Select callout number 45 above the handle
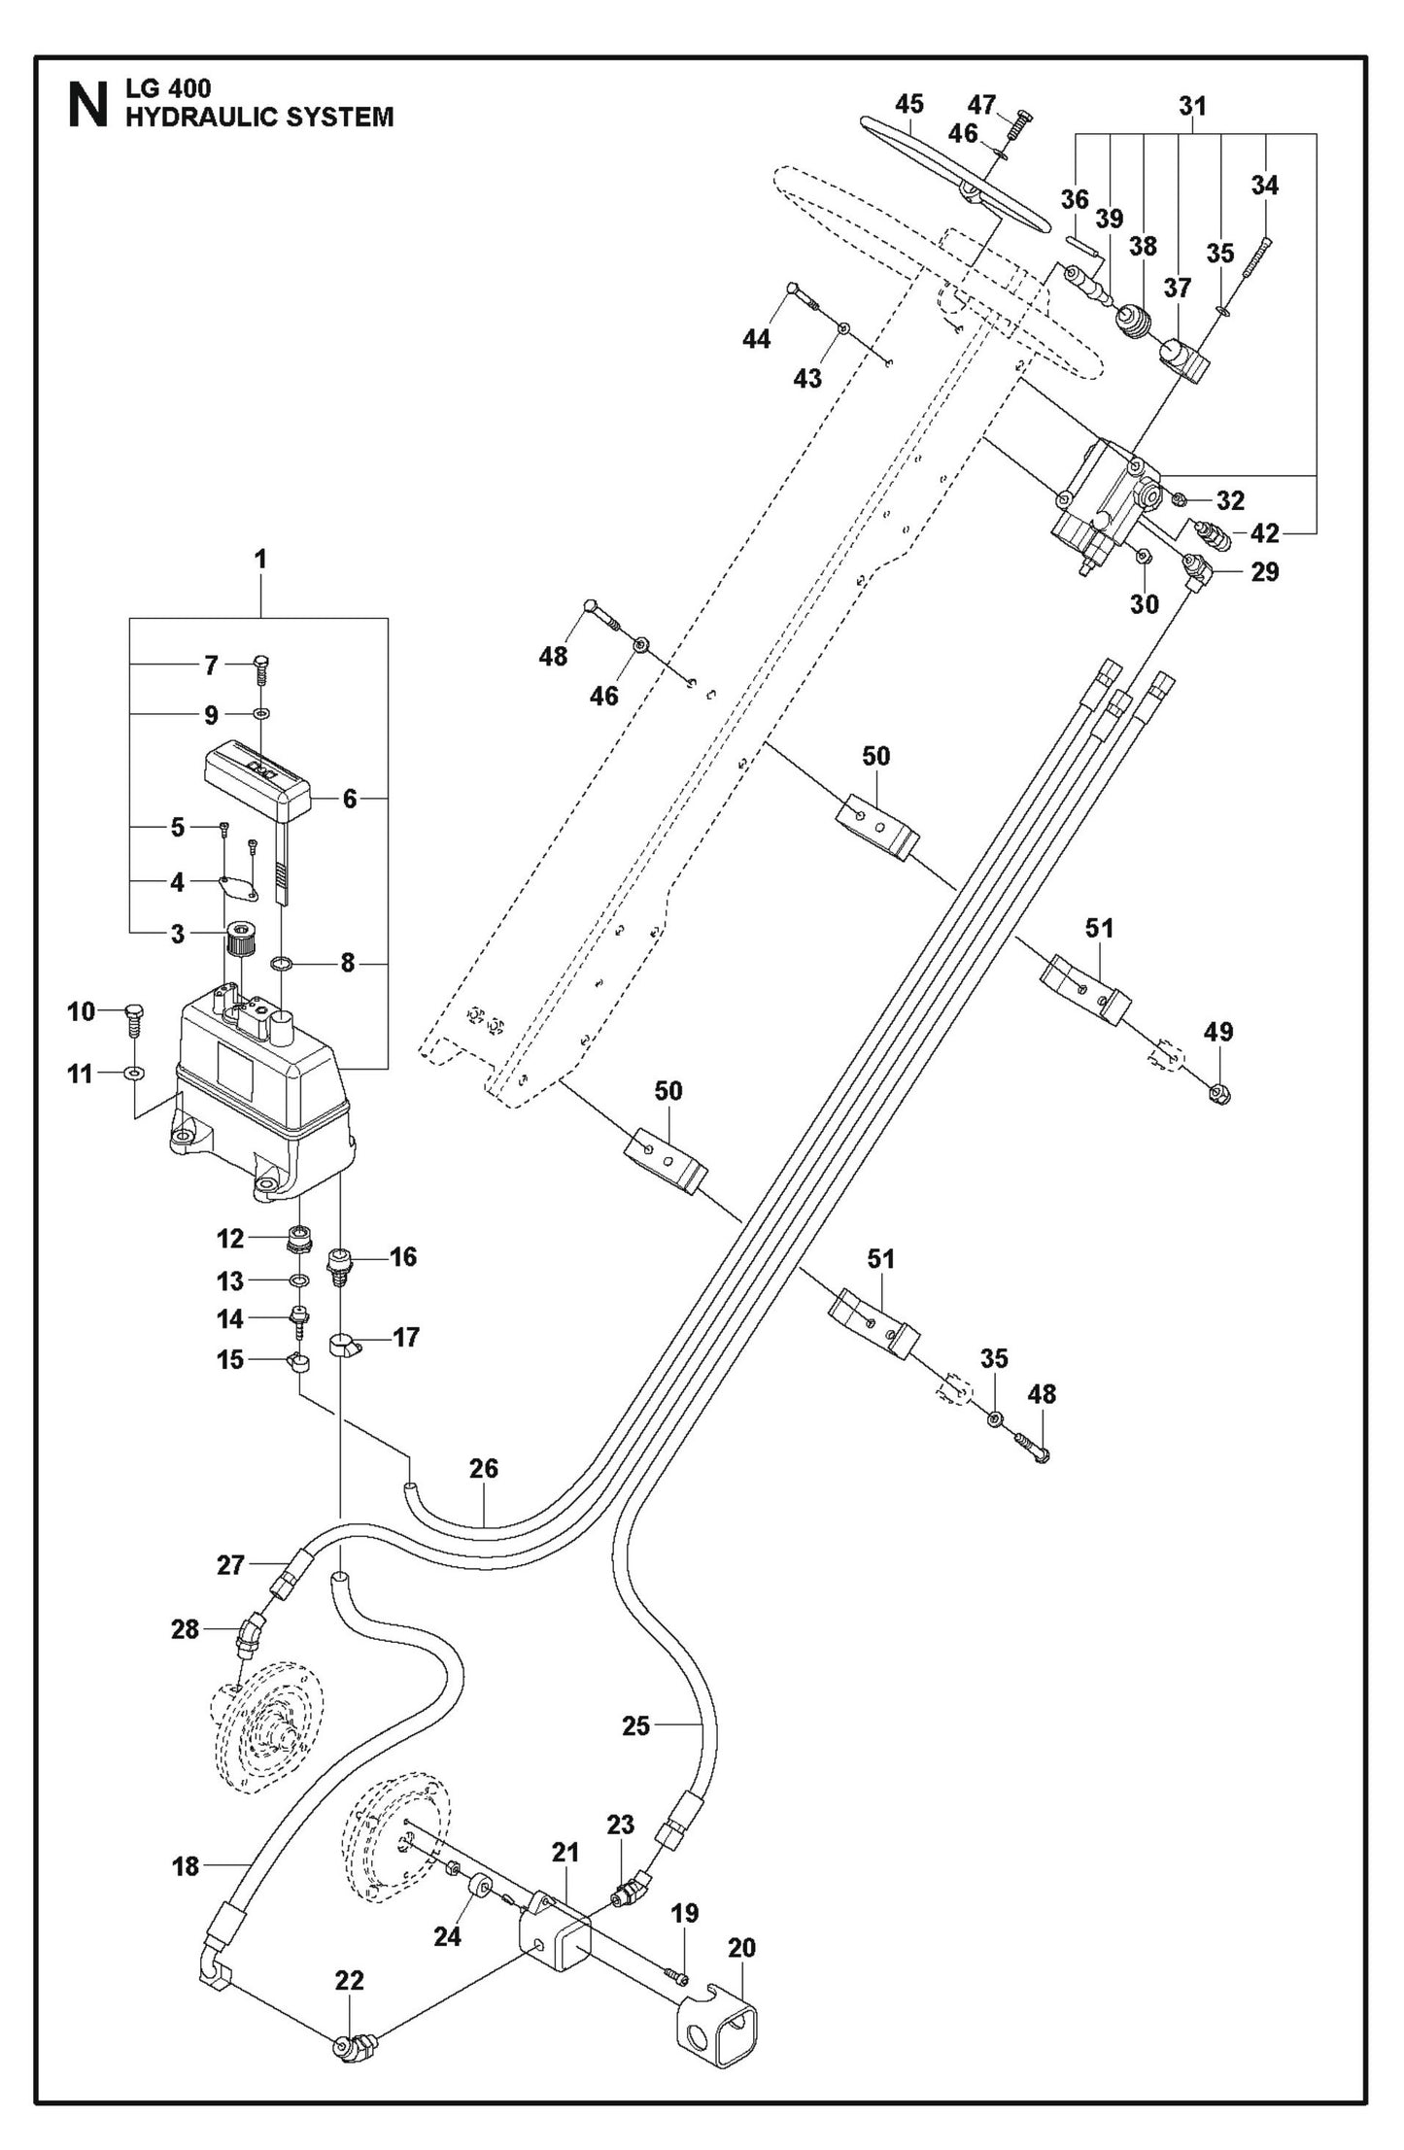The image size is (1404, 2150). coord(909,103)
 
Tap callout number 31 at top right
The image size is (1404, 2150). coord(1192,106)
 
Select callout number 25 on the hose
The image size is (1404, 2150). coord(635,1726)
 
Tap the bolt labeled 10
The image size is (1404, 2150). coord(135,1020)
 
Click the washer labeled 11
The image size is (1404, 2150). coord(133,1074)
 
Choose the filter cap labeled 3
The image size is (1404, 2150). coord(239,939)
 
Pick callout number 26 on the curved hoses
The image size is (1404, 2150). coord(483,1495)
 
